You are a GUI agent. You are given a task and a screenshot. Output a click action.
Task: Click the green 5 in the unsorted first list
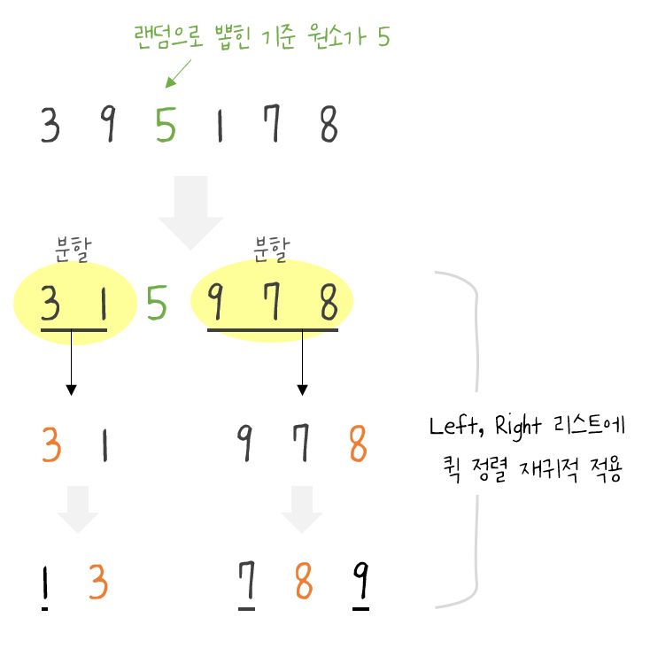(x=165, y=126)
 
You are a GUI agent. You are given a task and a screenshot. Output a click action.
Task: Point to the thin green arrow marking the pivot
(x=178, y=73)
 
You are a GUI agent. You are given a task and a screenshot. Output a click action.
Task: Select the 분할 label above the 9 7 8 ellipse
(x=271, y=248)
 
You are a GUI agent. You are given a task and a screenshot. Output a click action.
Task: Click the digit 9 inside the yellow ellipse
(x=214, y=305)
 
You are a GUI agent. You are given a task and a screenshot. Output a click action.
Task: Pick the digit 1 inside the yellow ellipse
(x=103, y=305)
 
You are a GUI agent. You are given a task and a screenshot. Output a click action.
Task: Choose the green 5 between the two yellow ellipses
(x=157, y=305)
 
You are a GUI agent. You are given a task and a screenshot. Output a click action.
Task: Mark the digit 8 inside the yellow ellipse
(x=329, y=305)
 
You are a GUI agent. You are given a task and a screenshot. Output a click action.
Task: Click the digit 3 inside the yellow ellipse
(x=51, y=305)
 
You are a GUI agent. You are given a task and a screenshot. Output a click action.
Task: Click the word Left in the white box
(x=451, y=426)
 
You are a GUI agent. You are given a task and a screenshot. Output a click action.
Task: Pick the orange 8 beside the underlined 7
(x=303, y=583)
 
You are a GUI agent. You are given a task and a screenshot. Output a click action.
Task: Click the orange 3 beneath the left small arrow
(x=98, y=583)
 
